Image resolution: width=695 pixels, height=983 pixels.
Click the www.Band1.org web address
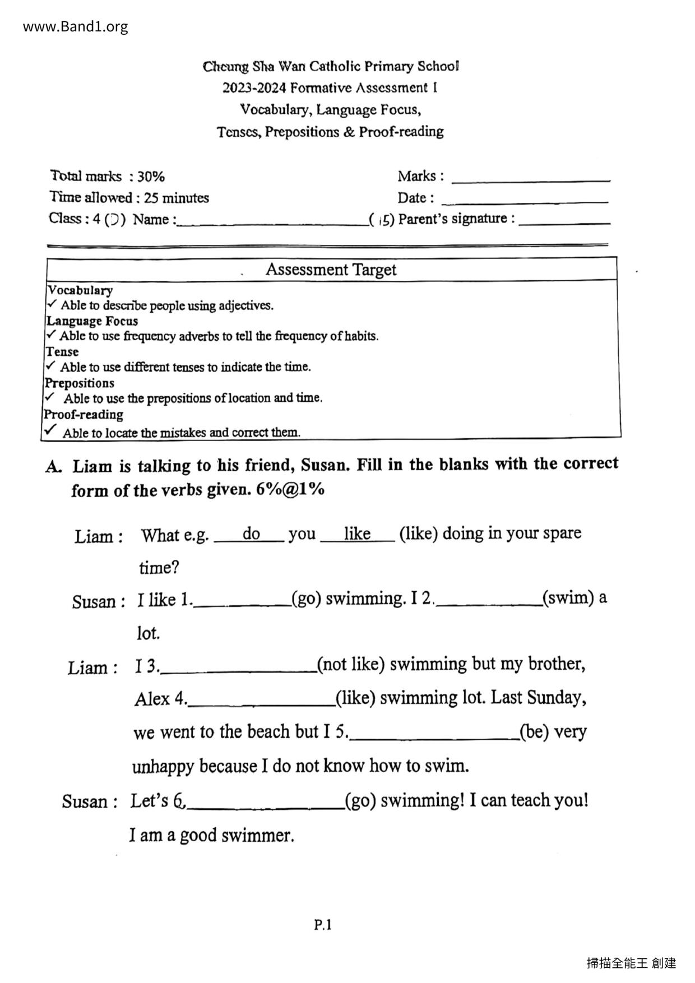pos(76,26)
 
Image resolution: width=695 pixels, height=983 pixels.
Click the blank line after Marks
pos(530,179)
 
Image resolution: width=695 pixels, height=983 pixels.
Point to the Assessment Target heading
pos(331,270)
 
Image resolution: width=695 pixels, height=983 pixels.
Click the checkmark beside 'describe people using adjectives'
pos(52,304)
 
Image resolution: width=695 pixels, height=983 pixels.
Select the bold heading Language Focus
pos(92,321)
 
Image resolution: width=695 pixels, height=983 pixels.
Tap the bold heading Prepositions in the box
pos(80,383)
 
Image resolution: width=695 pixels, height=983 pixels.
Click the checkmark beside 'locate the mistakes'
pos(50,430)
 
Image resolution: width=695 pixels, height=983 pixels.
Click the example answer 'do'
pos(251,534)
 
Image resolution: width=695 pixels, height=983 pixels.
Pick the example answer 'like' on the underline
pos(357,534)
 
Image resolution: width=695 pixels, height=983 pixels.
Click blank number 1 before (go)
pos(242,602)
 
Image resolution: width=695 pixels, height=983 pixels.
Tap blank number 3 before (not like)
pos(238,669)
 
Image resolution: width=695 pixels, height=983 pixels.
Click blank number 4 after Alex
pos(261,702)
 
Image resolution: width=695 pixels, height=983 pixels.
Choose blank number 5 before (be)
pos(434,736)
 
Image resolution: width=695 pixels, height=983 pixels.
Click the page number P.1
pos(323,925)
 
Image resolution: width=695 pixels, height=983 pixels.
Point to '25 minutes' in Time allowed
pos(176,198)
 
